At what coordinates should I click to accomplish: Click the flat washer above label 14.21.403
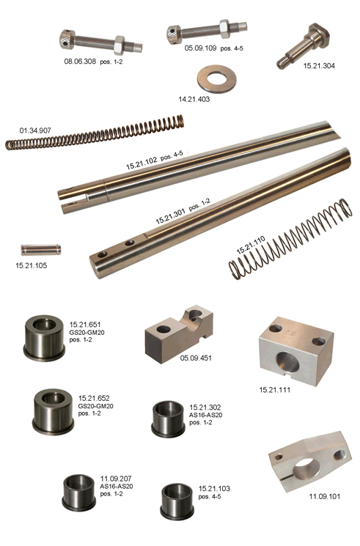pos(217,78)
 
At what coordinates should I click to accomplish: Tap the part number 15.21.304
pos(319,66)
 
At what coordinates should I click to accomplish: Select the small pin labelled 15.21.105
pos(41,250)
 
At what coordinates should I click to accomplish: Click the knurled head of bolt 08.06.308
pos(67,40)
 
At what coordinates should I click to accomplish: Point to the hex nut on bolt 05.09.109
pos(224,29)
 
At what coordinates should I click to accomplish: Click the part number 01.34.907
pos(35,130)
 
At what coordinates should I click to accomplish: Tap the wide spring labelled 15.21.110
pos(290,238)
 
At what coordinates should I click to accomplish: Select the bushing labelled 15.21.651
pos(44,338)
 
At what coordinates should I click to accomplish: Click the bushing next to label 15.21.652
pos(53,411)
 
